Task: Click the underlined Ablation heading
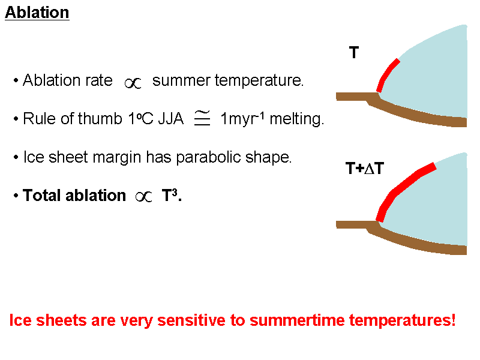[x=37, y=13]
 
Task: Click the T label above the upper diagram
[x=354, y=53]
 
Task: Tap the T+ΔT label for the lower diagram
[x=364, y=169]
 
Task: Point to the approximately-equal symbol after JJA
[x=202, y=119]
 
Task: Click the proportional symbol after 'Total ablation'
[x=144, y=197]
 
